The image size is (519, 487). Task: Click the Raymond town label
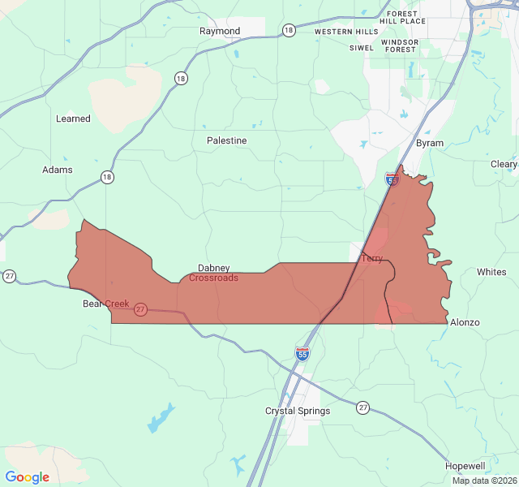coord(220,31)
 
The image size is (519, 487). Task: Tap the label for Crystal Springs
coord(298,411)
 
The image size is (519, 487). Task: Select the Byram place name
coord(430,143)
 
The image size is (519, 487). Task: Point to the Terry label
coord(371,258)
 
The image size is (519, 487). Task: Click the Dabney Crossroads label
coord(214,273)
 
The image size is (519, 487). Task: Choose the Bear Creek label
coord(105,304)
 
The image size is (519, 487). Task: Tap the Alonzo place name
coord(465,322)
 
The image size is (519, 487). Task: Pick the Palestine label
coord(226,140)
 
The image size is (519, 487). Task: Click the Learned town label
coord(73,119)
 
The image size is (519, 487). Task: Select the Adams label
coord(58,170)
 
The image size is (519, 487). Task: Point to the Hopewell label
coord(465,466)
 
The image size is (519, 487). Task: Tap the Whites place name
coord(491,272)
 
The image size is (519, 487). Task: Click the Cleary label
coord(504,164)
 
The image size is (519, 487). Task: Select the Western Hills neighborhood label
coord(346,32)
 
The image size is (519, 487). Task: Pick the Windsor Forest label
coord(400,45)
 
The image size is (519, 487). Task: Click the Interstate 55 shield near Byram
coord(392,179)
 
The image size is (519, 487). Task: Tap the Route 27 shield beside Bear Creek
coord(140,309)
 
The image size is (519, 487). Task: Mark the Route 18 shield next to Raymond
coord(289,30)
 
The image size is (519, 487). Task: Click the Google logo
coord(28,477)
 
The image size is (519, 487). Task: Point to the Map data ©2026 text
coord(483,481)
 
